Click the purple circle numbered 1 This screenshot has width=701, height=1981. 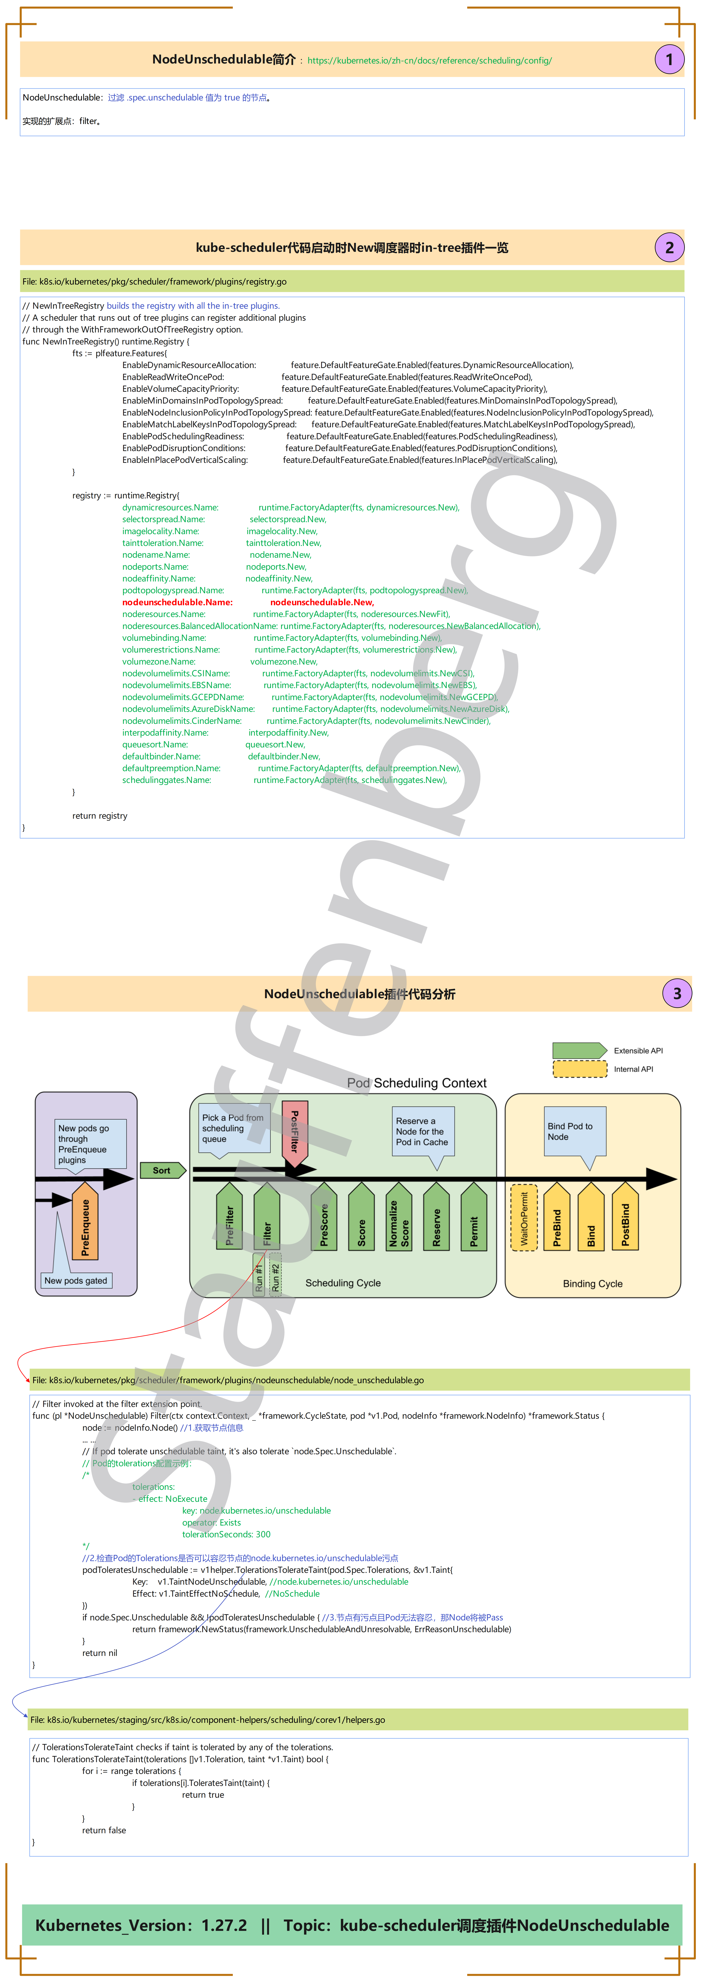(x=669, y=59)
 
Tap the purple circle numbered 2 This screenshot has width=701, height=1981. (x=669, y=248)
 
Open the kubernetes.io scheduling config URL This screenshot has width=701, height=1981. (x=429, y=61)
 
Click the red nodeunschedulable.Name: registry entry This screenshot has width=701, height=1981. (x=177, y=602)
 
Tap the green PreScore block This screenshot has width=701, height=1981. (x=324, y=1219)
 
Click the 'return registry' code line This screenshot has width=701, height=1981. (x=100, y=816)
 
